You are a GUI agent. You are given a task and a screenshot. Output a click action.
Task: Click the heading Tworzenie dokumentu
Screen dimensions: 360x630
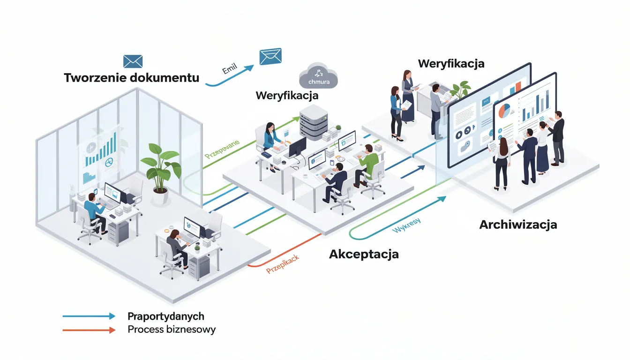(131, 78)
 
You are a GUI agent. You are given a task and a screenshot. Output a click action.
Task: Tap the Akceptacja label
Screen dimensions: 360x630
(364, 254)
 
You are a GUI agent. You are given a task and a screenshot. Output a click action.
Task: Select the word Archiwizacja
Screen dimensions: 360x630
(518, 225)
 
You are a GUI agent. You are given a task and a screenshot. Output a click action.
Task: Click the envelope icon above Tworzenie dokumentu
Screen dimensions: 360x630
(133, 61)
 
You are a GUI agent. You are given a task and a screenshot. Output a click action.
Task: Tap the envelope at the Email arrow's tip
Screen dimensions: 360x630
(270, 56)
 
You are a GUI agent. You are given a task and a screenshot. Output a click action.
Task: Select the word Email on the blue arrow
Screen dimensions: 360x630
(229, 69)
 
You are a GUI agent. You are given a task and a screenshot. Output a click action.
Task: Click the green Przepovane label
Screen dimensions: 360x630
(222, 148)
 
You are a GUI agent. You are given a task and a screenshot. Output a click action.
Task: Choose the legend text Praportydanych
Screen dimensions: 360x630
(165, 316)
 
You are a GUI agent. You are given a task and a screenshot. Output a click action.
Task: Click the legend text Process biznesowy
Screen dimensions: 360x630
(172, 330)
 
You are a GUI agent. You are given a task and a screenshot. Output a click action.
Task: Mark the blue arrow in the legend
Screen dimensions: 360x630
(89, 316)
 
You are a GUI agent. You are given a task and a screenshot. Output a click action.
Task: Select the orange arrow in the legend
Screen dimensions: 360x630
(89, 330)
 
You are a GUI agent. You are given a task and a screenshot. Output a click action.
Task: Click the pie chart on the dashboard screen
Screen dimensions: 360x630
(504, 111)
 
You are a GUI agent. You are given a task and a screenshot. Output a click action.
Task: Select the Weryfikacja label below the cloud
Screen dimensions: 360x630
(287, 96)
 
